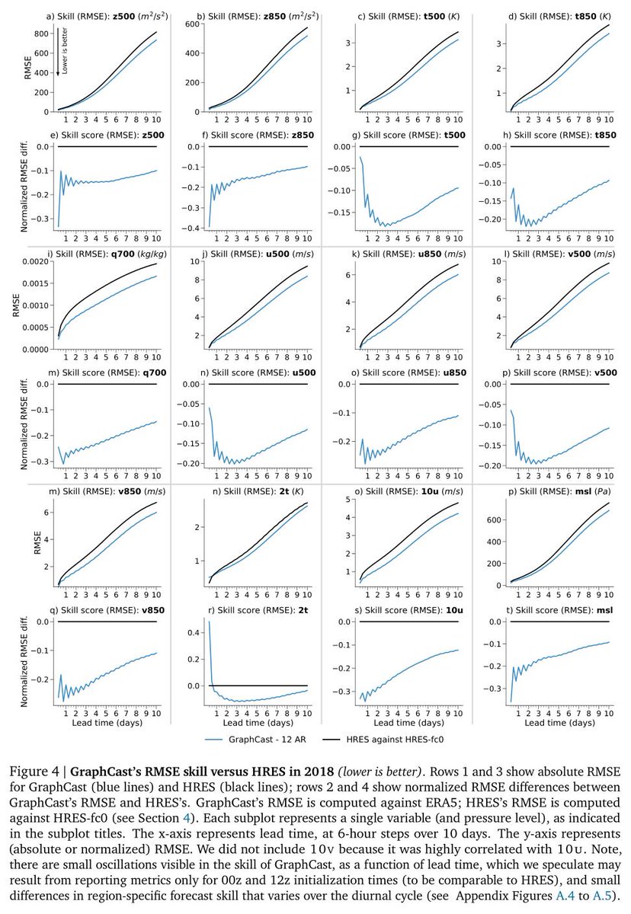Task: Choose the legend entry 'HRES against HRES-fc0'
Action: point(402,738)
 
